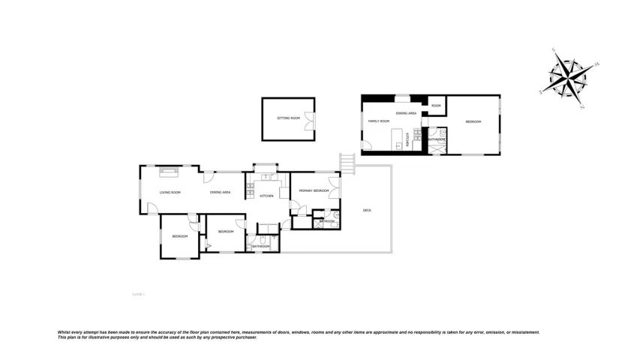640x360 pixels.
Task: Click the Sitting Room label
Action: [x=288, y=118]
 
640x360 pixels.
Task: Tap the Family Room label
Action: [x=378, y=121]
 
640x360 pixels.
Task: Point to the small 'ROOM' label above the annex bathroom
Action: [x=436, y=106]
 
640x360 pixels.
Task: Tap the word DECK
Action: [x=367, y=210]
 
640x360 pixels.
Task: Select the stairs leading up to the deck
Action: [x=347, y=161]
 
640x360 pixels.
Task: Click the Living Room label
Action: [x=170, y=193]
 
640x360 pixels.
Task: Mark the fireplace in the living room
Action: [x=168, y=172]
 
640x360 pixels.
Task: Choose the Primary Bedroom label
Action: [x=314, y=191]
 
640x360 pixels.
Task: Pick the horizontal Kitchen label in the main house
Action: [x=266, y=196]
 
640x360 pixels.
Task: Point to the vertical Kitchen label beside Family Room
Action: [x=407, y=138]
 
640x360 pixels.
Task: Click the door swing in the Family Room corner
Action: [x=366, y=145]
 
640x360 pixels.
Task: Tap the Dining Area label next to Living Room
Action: [x=220, y=193]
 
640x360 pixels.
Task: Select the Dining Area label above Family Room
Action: [x=407, y=113]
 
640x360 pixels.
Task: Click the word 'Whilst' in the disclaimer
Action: [x=65, y=331]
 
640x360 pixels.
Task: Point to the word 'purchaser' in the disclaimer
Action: [x=244, y=337]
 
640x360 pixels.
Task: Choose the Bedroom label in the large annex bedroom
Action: [x=473, y=121]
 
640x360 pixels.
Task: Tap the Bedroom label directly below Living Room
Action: [x=179, y=236]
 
